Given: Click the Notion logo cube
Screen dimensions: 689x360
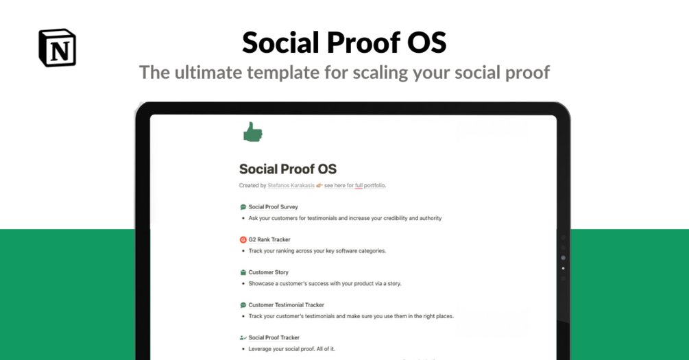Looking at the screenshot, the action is pos(57,48).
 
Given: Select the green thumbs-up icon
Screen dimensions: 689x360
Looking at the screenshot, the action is pos(253,132).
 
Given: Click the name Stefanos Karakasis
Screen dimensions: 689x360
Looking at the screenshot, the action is pos(291,186).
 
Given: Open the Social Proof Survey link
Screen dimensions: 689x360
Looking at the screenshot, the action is pos(274,207).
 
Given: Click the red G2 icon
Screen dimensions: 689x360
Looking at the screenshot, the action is pos(243,239).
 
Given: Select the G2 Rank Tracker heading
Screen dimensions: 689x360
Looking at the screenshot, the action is pos(269,239).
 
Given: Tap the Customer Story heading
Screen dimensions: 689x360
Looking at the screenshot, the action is pos(269,272).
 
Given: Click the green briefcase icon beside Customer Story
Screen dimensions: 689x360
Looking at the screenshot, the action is pos(243,272).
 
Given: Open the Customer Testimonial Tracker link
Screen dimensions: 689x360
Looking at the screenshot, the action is pos(286,305).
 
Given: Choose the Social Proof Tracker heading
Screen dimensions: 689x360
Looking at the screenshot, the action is pos(274,337).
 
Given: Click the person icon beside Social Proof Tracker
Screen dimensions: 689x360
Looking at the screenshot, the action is pos(243,337).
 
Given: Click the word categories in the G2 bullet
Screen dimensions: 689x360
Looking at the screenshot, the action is pos(372,251).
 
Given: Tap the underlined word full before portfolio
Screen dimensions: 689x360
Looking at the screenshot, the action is pos(359,186).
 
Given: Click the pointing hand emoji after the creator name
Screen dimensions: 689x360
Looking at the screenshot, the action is pos(319,186).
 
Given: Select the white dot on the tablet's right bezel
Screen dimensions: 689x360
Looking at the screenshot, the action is pos(564,268).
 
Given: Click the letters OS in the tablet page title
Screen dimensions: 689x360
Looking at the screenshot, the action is pos(328,169).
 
